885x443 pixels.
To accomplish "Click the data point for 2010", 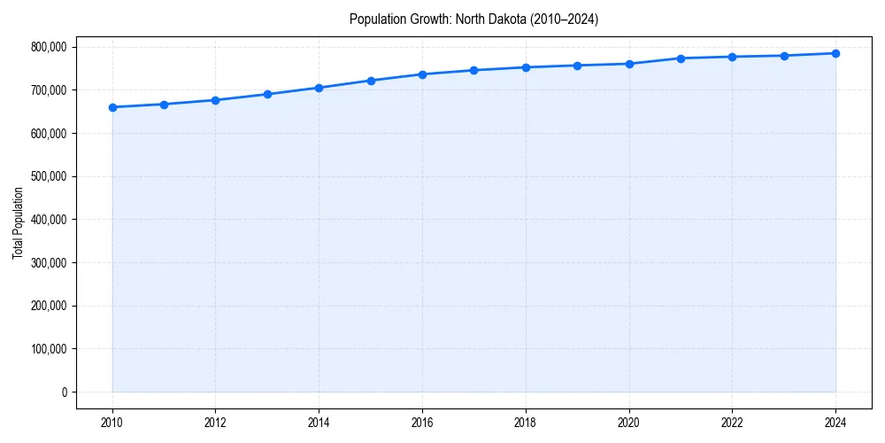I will pos(112,107).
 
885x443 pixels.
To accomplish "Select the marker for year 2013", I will pos(267,94).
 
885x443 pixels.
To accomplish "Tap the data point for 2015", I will pos(371,81).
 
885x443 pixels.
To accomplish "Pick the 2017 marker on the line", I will pos(473,70).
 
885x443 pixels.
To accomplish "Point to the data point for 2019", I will pos(577,66).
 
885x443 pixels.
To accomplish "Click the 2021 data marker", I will pos(681,58).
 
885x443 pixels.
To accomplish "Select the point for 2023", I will pos(784,56).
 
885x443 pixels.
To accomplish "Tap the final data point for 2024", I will pos(835,53).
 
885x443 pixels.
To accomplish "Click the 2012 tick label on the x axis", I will pos(215,422).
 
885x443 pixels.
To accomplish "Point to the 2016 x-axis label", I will pos(422,422).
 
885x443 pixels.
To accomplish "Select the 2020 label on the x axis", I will pos(629,422).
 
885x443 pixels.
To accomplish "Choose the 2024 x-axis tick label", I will pos(835,422).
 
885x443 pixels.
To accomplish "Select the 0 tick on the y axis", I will pos(64,392).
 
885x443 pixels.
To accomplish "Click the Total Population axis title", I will pos(18,222).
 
